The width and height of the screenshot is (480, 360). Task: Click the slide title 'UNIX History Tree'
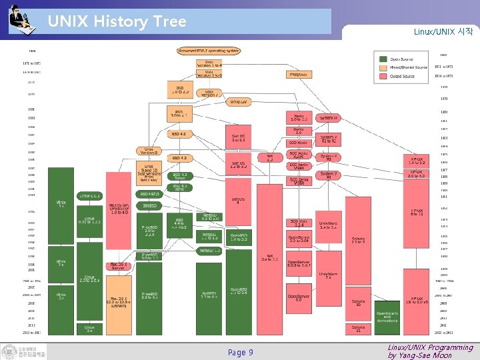pos(117,21)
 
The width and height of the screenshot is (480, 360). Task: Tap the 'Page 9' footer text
pos(240,352)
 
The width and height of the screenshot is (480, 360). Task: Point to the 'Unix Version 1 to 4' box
pos(209,64)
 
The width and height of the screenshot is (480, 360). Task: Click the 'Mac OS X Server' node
pos(118,266)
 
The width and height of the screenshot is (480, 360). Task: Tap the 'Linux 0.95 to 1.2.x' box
pos(89,220)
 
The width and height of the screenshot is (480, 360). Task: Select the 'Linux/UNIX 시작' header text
pos(443,32)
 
